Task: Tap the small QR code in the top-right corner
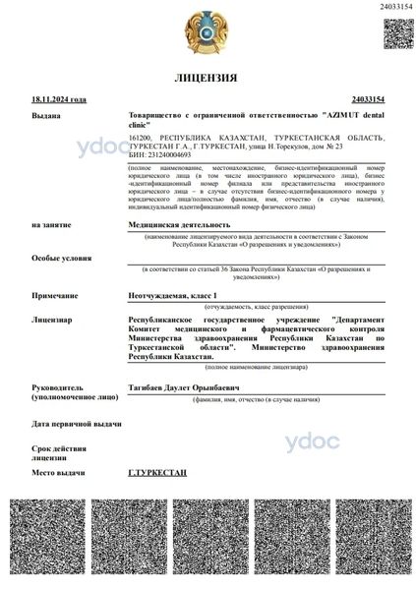pyautogui.click(x=395, y=33)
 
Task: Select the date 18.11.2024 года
pyautogui.click(x=59, y=99)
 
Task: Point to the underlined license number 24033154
pyautogui.click(x=366, y=99)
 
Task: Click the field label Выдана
pyautogui.click(x=45, y=115)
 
